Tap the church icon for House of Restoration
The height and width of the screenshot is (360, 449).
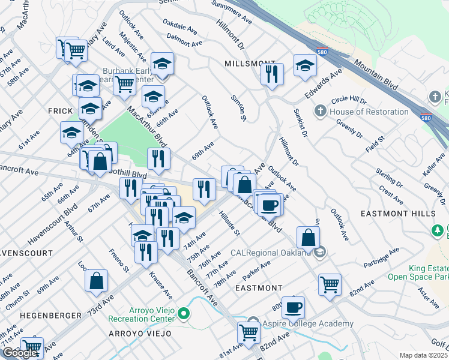pyautogui.click(x=321, y=111)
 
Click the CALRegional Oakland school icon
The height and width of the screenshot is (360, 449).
pyautogui.click(x=321, y=251)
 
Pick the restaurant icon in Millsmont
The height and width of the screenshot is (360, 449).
pyautogui.click(x=272, y=74)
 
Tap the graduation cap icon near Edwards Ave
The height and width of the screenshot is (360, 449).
pyautogui.click(x=306, y=65)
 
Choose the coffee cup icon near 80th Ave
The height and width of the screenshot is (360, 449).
pyautogui.click(x=293, y=307)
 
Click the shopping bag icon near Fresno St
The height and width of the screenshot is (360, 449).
pyautogui.click(x=96, y=281)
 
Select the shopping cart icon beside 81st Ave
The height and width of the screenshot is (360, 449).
pyautogui.click(x=249, y=332)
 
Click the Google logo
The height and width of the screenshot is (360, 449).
pyautogui.click(x=20, y=353)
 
